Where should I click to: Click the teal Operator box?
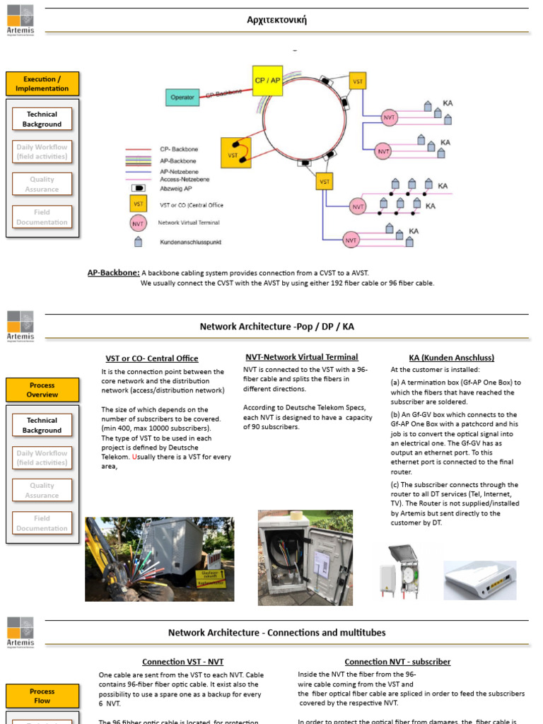click(182, 97)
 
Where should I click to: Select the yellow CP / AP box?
click(267, 81)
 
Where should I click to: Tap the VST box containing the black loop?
click(235, 153)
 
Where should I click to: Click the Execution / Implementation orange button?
click(42, 84)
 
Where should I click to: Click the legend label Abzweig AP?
click(175, 188)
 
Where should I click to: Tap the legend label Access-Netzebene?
click(184, 180)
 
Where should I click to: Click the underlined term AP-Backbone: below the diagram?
click(113, 272)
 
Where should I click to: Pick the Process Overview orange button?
click(42, 390)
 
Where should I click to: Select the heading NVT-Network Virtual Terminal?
click(302, 357)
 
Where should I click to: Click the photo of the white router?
click(479, 580)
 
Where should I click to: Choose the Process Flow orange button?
click(42, 696)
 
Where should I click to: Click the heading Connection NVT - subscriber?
click(397, 662)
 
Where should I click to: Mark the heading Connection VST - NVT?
click(182, 662)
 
